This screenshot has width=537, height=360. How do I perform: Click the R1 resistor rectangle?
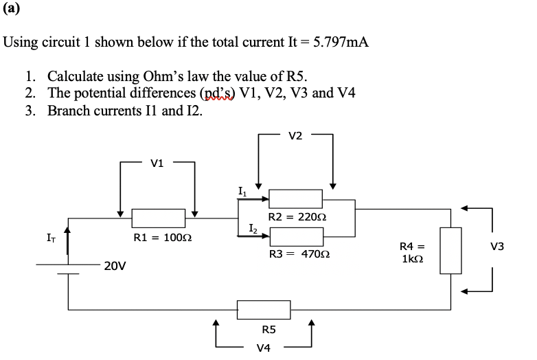click(x=159, y=218)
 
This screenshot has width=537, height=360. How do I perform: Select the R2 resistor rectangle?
click(x=296, y=199)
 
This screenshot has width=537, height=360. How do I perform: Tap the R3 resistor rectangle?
click(x=296, y=236)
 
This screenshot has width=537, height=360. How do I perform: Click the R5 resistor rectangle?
click(x=264, y=309)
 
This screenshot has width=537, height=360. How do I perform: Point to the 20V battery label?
click(x=115, y=265)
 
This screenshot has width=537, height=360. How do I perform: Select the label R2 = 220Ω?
click(x=297, y=217)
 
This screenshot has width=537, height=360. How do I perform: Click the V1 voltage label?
click(x=157, y=164)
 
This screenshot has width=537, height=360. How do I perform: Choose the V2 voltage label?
click(x=295, y=136)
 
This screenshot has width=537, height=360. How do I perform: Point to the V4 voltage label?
click(x=263, y=348)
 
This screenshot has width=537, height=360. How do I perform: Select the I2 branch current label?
click(x=253, y=227)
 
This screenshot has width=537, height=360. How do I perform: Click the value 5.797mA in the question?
click(x=341, y=42)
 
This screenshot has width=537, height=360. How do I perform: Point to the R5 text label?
click(x=263, y=330)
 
